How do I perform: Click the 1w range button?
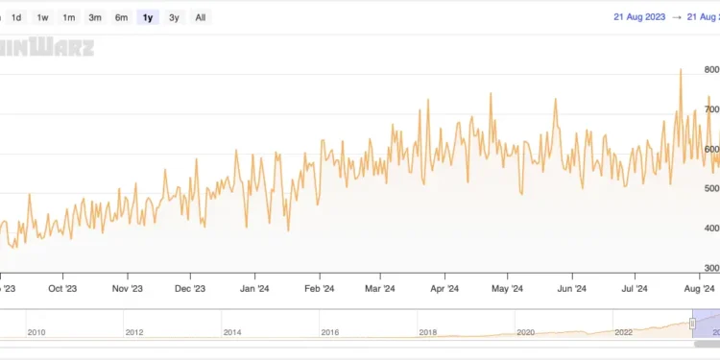pos(43,17)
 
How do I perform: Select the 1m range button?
pos(69,17)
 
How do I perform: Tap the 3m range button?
pos(95,17)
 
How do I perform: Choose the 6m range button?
pos(121,17)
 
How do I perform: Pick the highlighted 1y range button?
pos(147,17)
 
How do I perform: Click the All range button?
pos(200,17)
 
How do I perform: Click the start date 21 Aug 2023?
pos(640,16)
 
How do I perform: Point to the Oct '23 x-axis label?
pos(62,287)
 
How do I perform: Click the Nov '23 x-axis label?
pos(127,287)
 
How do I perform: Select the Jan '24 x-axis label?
pos(253,287)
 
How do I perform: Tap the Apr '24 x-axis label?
pos(444,287)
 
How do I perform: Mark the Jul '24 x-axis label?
pos(636,287)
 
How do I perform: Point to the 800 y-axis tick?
pos(711,70)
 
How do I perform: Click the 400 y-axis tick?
pos(711,228)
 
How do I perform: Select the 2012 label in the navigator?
pos(133,332)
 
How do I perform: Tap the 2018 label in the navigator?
pos(427,332)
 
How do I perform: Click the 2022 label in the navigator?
pos(623,332)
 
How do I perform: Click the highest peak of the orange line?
pos(681,69)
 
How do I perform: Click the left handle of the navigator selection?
pos(692,326)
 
